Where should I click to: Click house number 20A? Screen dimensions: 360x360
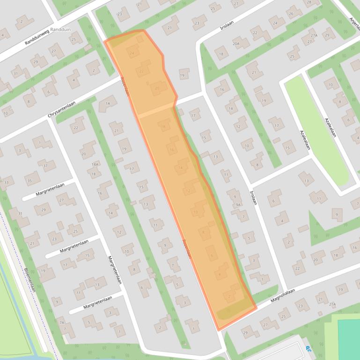(x=236, y=44)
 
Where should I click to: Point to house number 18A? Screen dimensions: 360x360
(x=95, y=165)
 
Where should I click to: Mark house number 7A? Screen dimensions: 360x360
(x=61, y=323)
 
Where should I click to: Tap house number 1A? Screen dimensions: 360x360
(x=108, y=103)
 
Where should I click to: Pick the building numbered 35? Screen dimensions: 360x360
(x=30, y=180)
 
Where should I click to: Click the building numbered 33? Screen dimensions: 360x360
(x=6, y=182)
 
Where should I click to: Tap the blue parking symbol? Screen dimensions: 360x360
(x=308, y=348)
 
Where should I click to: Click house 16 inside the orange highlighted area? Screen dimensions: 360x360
(x=172, y=150)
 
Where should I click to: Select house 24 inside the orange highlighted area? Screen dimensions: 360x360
(x=132, y=54)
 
